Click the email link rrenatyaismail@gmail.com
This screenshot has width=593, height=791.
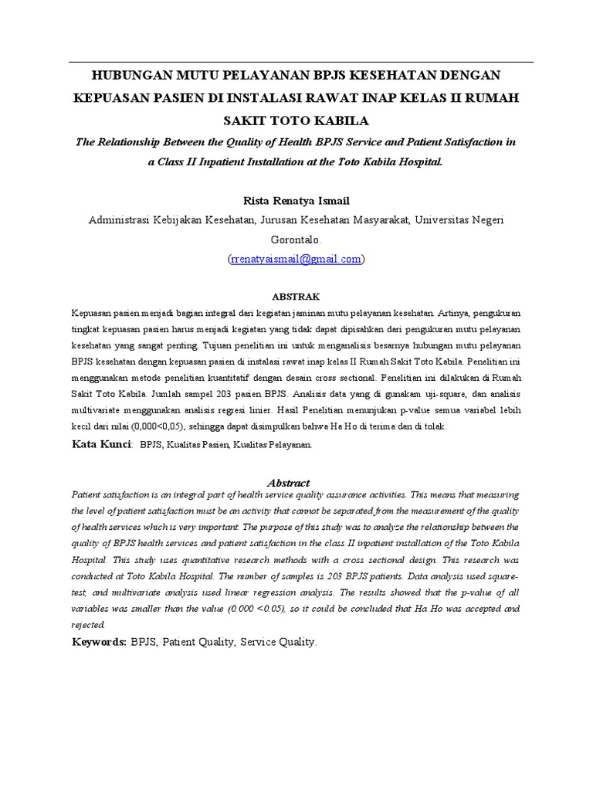tap(296, 260)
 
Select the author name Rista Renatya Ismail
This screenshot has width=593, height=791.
tap(296, 201)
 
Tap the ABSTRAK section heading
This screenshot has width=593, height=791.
tap(296, 297)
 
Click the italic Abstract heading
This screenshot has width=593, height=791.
tap(287, 483)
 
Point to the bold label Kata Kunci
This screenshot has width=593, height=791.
tap(101, 444)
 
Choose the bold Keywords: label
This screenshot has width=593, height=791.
tap(100, 642)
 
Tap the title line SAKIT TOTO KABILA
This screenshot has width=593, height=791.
tap(296, 121)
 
